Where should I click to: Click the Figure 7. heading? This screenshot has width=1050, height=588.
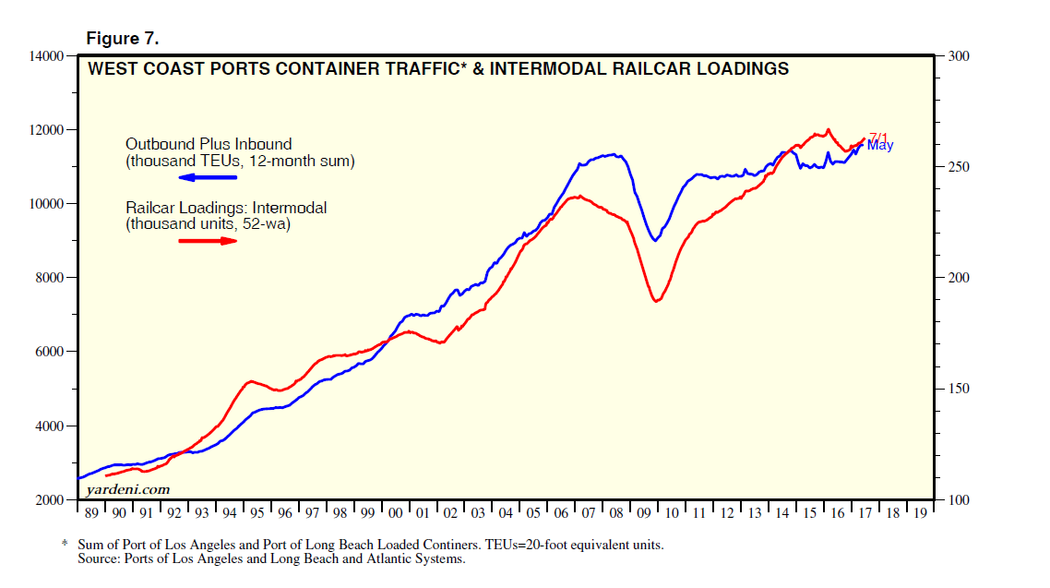point(123,39)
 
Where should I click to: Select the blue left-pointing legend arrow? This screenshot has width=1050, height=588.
point(207,177)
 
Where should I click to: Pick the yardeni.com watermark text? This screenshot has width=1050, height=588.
point(128,489)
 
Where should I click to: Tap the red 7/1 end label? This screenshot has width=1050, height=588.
point(877,138)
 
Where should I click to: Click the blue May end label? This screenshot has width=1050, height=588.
point(880,146)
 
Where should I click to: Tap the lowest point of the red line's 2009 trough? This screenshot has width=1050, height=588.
point(656,301)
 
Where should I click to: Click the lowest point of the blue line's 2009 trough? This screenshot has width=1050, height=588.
point(655,241)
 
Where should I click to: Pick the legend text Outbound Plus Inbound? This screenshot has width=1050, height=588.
point(209,144)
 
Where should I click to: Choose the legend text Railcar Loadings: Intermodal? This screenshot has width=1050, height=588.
point(226,209)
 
